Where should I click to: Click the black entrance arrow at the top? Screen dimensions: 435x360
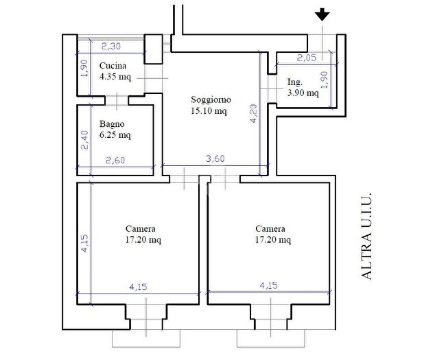[x=322, y=14]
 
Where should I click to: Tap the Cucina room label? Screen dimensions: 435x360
[x=113, y=66]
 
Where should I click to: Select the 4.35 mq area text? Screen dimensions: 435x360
[x=115, y=77]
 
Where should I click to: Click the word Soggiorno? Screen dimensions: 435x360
[x=211, y=100]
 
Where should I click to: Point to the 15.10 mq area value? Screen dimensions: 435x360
[x=209, y=111]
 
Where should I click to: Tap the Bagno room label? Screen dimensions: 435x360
[x=112, y=125]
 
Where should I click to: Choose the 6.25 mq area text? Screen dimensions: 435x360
[x=115, y=135]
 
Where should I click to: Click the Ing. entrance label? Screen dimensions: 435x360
[x=295, y=82]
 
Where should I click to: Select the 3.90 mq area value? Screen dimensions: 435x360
[x=303, y=93]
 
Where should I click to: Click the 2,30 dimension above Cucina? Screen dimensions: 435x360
[x=111, y=46]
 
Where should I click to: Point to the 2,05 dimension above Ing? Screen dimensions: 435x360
[x=307, y=58]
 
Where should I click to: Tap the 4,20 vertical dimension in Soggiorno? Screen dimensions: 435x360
[x=254, y=113]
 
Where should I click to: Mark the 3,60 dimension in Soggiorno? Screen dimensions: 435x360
[x=215, y=158]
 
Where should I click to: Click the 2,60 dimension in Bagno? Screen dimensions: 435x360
[x=115, y=160]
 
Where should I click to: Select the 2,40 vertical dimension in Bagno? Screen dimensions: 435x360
[x=84, y=141]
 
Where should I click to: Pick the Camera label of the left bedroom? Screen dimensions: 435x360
[x=141, y=229]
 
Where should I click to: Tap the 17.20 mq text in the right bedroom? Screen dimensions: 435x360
[x=273, y=239]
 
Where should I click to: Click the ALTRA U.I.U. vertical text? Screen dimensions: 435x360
[x=366, y=237]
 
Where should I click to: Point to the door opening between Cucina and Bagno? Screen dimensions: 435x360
[x=117, y=101]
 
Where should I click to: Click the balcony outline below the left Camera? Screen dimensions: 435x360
[x=146, y=347]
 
